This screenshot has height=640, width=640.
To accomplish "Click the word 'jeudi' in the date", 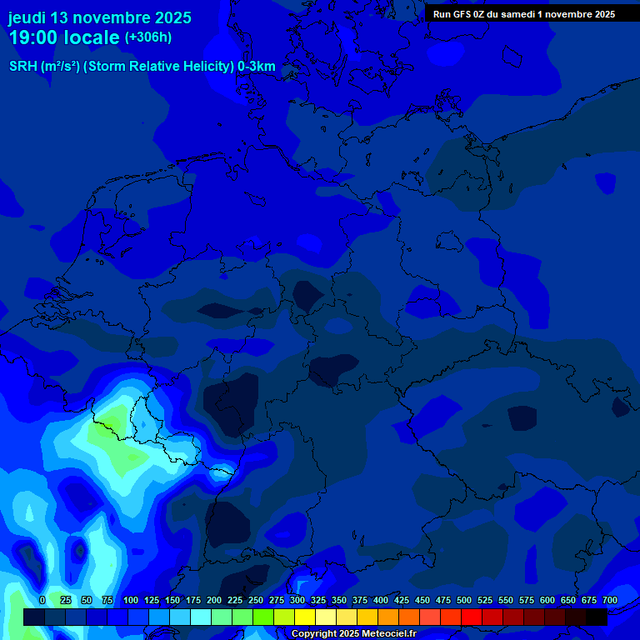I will tap(27, 17).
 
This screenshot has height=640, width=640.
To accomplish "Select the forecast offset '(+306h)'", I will tap(148, 37).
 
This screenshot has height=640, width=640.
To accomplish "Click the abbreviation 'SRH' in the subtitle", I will tap(23, 67).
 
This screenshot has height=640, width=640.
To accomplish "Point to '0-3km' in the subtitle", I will tap(257, 67).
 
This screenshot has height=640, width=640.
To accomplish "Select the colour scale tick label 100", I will tap(131, 600).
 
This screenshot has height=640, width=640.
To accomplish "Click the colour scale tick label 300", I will tap(297, 600).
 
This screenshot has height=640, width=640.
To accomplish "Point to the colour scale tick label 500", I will tap(464, 600).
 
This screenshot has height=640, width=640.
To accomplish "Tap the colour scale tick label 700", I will tap(609, 600).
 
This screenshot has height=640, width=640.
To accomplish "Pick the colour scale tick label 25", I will tap(66, 600).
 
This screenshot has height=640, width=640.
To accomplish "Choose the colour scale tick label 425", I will tap(402, 600).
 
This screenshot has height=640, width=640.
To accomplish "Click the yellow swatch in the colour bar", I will tap(305, 617).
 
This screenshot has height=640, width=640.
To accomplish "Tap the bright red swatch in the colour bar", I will tap(472, 617).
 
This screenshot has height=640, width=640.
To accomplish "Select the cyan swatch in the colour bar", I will tap(201, 617).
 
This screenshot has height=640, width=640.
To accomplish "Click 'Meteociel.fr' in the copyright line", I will tap(384, 634).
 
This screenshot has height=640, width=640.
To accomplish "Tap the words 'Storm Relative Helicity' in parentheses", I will tap(158, 67).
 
